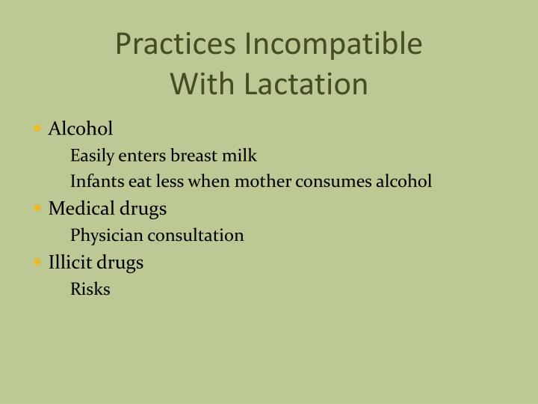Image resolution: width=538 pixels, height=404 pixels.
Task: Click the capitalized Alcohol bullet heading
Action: [x=81, y=129]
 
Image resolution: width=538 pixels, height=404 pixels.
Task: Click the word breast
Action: [x=195, y=156]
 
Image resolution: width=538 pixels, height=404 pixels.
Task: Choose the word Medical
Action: [x=78, y=209]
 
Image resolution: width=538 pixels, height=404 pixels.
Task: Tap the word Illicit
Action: [x=69, y=263]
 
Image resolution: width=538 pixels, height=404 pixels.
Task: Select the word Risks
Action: [x=90, y=290]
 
